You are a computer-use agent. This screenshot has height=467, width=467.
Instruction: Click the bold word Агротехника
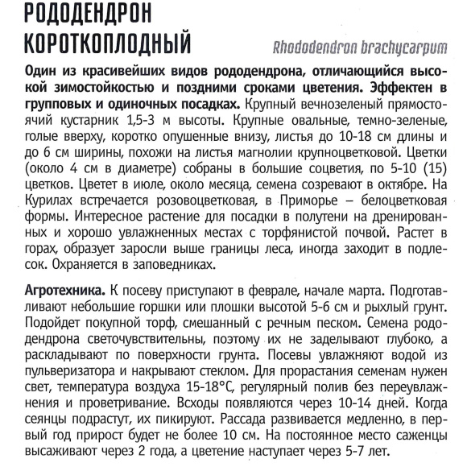tap(65, 290)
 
